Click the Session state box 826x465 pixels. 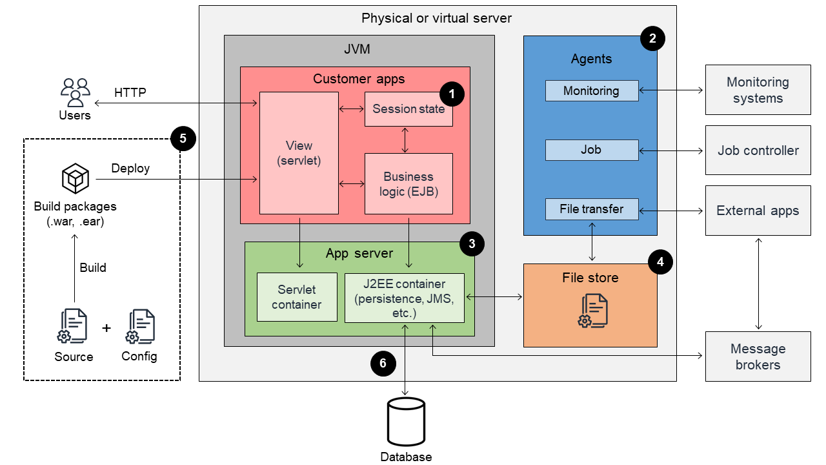click(x=408, y=109)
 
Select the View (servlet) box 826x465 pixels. click(x=299, y=153)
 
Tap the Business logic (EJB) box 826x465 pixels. click(x=408, y=183)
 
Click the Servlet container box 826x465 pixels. click(x=297, y=296)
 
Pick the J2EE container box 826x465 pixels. click(x=405, y=298)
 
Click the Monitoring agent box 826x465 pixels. click(x=591, y=91)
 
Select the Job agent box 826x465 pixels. click(x=591, y=150)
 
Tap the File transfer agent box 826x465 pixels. click(x=591, y=209)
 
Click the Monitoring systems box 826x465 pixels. click(x=758, y=90)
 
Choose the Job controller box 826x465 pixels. click(x=758, y=150)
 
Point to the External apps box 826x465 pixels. click(x=758, y=211)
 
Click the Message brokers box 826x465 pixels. click(x=758, y=356)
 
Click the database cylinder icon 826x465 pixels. click(x=405, y=422)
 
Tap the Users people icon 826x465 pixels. click(x=76, y=92)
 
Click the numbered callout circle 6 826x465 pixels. click(x=383, y=364)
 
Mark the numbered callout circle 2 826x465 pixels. click(x=652, y=39)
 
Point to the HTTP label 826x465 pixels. click(x=130, y=93)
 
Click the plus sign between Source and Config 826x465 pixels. click(x=106, y=328)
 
